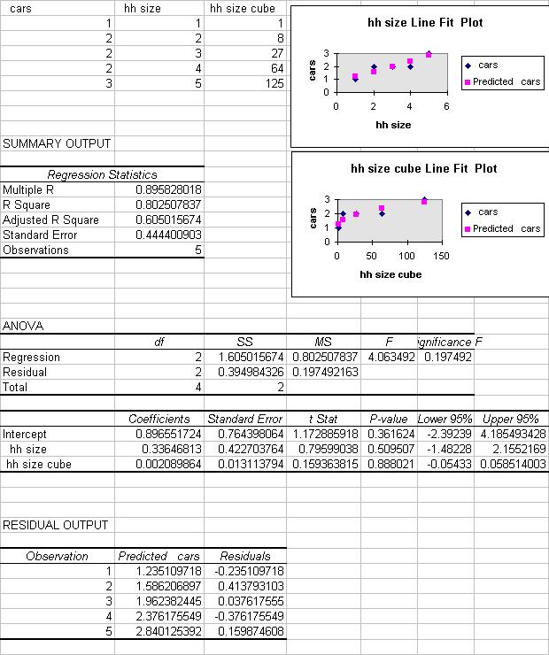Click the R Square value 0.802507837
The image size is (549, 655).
click(x=169, y=204)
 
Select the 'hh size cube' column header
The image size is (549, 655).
click(x=238, y=8)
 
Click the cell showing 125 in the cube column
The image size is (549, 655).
click(x=274, y=83)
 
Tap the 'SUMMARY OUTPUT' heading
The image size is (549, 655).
click(x=57, y=143)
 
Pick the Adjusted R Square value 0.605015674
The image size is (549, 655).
click(x=169, y=220)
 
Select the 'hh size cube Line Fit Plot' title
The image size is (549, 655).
click(x=424, y=168)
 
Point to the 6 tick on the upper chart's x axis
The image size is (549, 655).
click(x=447, y=105)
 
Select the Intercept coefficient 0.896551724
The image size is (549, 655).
click(x=169, y=435)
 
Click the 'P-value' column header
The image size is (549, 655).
click(x=388, y=419)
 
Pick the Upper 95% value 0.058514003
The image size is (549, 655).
click(x=513, y=464)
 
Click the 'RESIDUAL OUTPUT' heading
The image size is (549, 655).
click(x=55, y=525)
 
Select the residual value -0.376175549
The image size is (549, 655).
click(x=251, y=616)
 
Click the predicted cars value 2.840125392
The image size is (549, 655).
click(x=168, y=631)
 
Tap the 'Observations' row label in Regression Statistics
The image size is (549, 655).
click(x=35, y=250)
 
